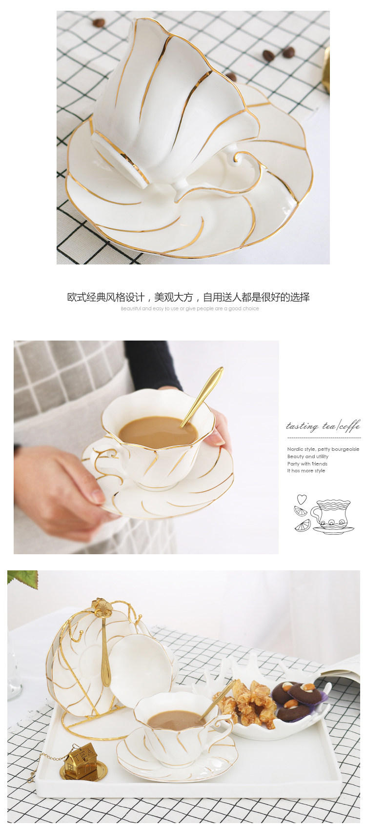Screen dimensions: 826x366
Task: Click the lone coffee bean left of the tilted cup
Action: pos(99,22)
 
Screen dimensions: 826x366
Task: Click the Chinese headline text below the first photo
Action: pos(188,297)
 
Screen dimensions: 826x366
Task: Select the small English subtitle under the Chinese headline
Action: pos(190,309)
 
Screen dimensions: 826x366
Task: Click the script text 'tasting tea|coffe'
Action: pos(323,426)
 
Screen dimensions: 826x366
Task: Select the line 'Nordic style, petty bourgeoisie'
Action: pos(323,449)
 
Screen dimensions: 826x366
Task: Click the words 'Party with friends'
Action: pos(307,464)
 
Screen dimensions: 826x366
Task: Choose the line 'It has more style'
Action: pos(306,471)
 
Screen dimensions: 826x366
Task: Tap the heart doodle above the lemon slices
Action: pos(302,499)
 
